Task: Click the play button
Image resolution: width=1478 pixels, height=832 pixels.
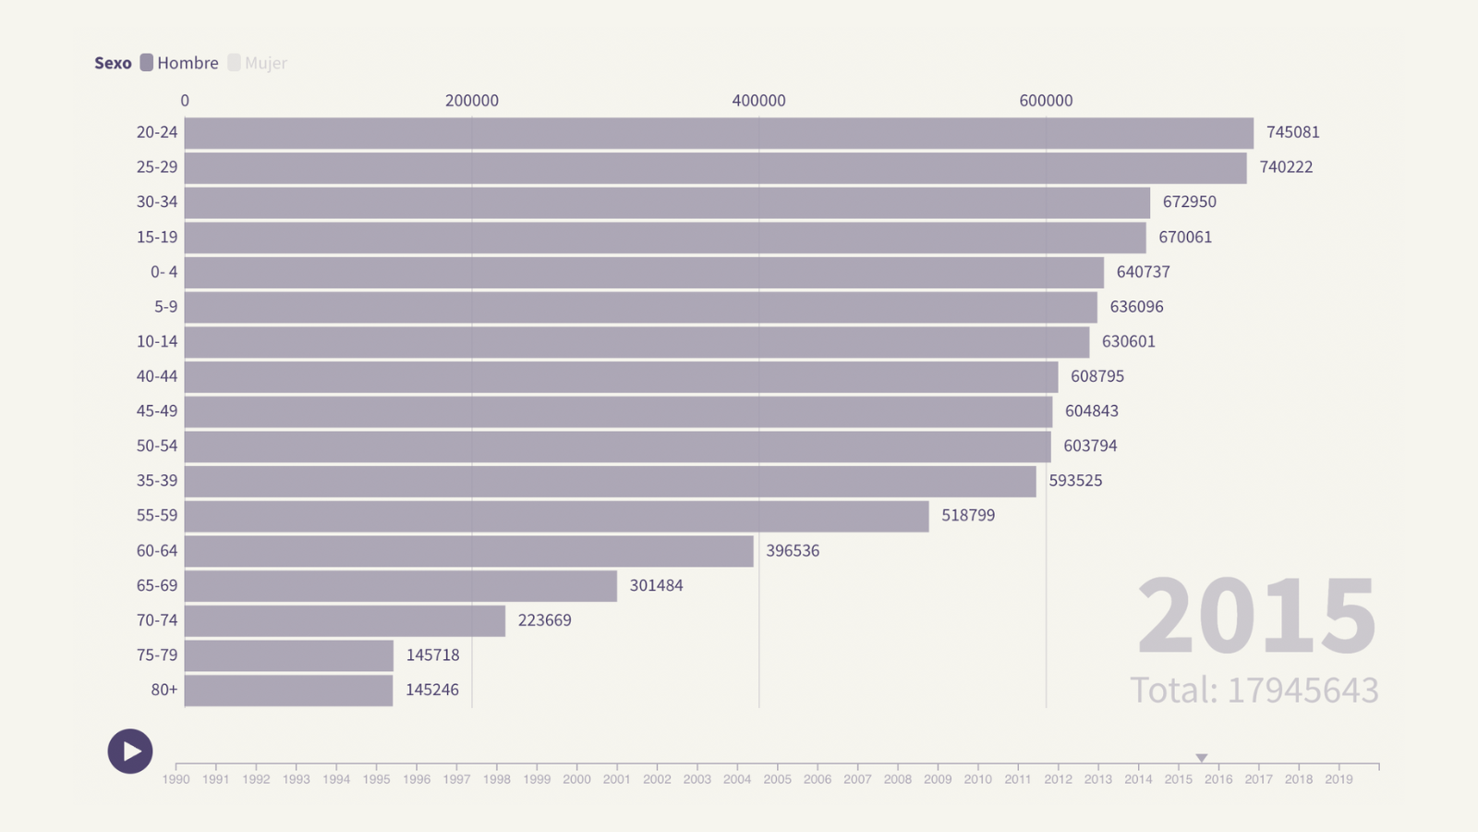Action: coord(130,752)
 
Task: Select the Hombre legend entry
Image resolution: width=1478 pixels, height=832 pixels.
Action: coord(180,63)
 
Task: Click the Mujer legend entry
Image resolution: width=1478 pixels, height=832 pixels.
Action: coord(258,63)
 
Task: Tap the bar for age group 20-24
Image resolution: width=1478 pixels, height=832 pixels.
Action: coord(719,133)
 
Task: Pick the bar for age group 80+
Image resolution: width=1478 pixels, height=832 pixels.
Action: coord(288,691)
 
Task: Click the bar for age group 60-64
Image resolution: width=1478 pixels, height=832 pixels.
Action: coord(468,551)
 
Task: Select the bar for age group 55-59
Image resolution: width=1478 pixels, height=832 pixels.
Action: coord(556,516)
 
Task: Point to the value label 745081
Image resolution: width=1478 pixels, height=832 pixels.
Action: coord(1292,132)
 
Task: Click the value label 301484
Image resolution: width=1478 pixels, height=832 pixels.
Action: coord(656,585)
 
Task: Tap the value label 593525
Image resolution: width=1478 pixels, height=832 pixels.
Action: coord(1075,481)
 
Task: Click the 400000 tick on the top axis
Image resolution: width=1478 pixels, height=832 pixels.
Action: coord(758,101)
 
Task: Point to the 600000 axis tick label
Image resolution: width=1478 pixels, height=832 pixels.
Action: coord(1046,101)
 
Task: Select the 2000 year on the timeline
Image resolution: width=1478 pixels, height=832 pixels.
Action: coord(576,779)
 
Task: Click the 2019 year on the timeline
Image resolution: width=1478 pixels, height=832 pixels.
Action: coord(1339,779)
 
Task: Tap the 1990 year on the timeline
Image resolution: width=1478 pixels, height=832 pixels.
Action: coord(176,779)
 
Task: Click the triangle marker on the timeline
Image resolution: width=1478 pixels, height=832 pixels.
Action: coord(1202,758)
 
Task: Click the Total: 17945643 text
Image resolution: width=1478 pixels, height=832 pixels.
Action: coord(1254,691)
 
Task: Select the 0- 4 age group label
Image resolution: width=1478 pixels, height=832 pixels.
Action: coord(164,272)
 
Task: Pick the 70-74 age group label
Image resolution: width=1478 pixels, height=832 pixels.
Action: coord(157,620)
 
